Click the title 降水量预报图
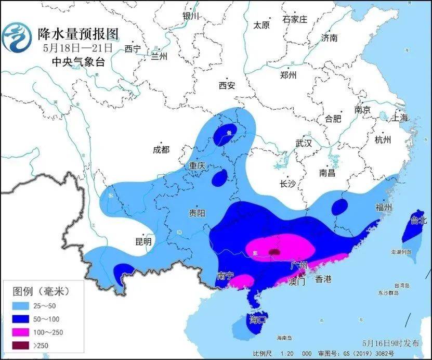pyautogui.click(x=78, y=34)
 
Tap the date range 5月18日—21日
pyautogui.click(x=77, y=48)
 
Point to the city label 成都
pyautogui.click(x=161, y=149)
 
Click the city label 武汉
pyautogui.click(x=304, y=143)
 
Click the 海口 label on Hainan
pyautogui.click(x=258, y=318)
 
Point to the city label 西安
pyautogui.click(x=227, y=85)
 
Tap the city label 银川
pyautogui.click(x=191, y=16)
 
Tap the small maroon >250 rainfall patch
pyautogui.click(x=274, y=252)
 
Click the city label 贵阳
pyautogui.click(x=197, y=213)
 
